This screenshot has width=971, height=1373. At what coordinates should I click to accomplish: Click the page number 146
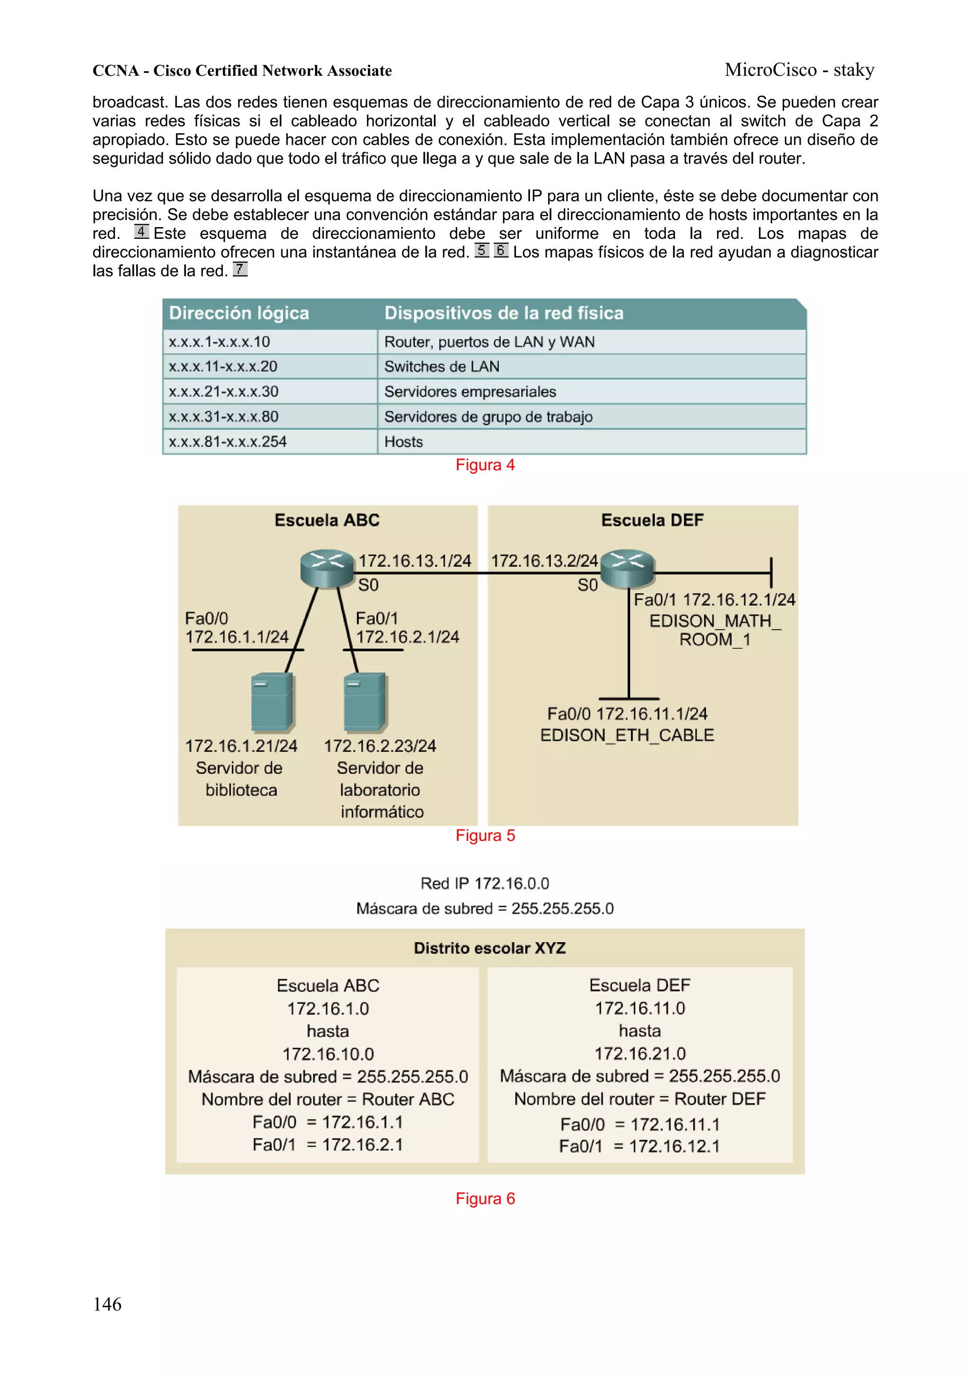[x=107, y=1304]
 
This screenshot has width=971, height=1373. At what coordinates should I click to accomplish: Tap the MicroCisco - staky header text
[x=799, y=70]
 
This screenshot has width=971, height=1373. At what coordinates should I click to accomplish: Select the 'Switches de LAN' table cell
[x=441, y=366]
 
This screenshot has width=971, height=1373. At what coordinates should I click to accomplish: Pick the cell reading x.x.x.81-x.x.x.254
[x=228, y=441]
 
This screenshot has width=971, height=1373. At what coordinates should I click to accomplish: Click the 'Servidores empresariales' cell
[x=470, y=391]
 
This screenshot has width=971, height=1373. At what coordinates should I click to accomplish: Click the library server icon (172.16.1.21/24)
[x=272, y=703]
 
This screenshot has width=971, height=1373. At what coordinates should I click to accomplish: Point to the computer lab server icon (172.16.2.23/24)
[x=365, y=703]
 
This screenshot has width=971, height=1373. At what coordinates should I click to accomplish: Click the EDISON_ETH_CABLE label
[x=627, y=735]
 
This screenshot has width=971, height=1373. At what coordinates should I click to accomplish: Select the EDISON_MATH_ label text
[x=715, y=621]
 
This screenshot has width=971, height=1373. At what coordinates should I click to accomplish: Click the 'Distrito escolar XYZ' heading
[x=489, y=948]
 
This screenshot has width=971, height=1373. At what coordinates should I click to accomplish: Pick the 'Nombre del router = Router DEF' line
[x=640, y=1099]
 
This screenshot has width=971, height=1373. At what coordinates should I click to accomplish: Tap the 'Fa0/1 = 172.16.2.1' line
[x=328, y=1144]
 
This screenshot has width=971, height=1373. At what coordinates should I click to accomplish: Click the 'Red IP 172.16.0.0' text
[x=485, y=883]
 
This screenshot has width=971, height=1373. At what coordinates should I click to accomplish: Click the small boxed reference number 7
[x=240, y=269]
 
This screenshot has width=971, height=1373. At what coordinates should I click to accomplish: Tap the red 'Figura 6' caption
[x=485, y=1199]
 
